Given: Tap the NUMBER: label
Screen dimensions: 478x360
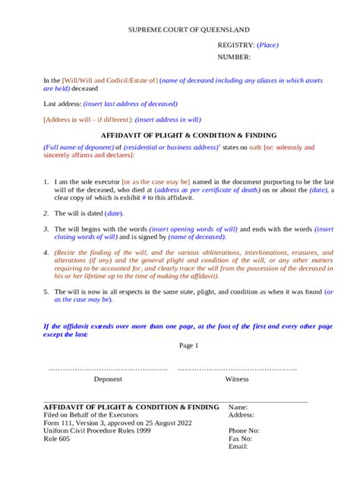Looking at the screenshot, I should coord(234,57).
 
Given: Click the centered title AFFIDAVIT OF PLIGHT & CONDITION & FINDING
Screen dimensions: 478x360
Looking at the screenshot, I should coord(178,134).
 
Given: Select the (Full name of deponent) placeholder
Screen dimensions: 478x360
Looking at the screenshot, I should coord(78,146).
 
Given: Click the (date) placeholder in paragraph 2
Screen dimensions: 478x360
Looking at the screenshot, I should coord(114,213).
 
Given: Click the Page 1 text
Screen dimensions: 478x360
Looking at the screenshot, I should coord(188,345).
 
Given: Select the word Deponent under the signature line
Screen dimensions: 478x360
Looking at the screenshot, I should coord(107,379).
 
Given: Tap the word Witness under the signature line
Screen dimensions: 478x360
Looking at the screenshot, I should coord(237,379).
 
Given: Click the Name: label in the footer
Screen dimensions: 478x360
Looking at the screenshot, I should coord(238,407).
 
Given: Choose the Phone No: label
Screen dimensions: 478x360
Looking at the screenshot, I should coord(244,430).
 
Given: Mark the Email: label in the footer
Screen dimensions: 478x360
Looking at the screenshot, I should coord(238,447).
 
